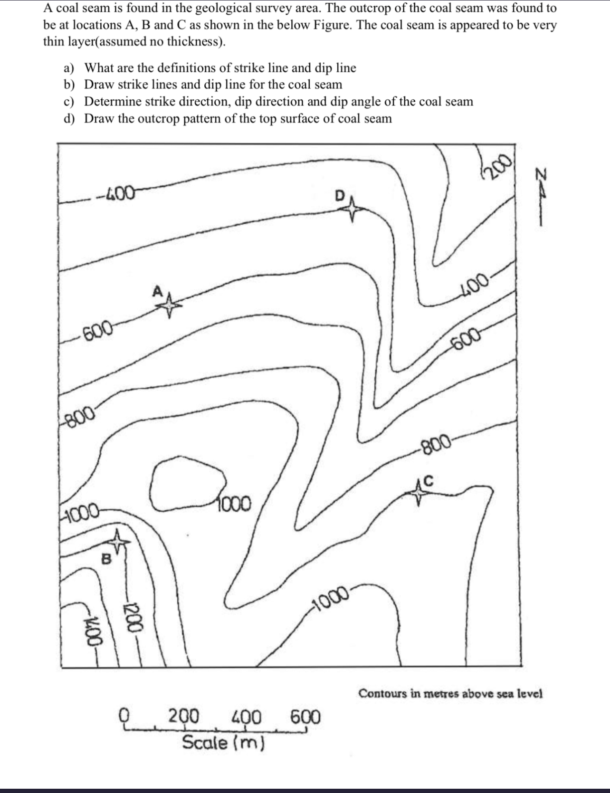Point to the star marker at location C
419,494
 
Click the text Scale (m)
223,742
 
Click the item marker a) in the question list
69,68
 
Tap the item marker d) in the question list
69,119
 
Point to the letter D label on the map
339,195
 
